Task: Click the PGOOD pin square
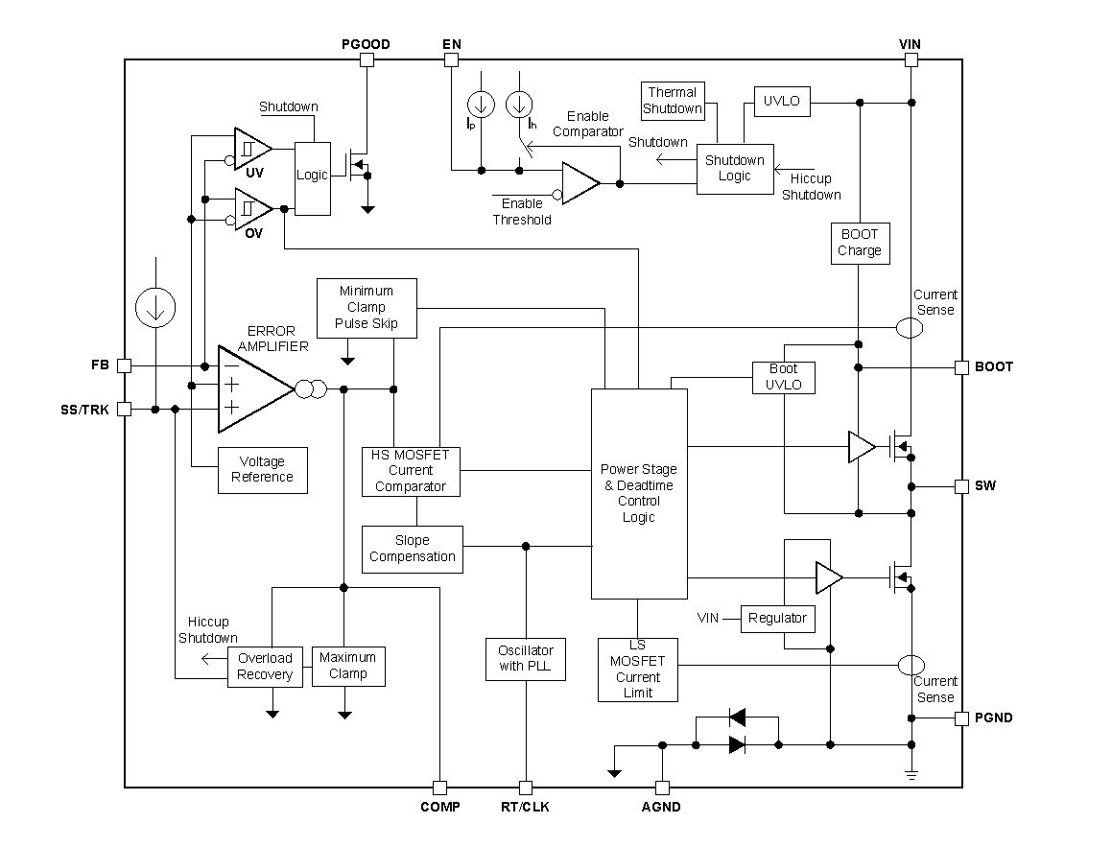(366, 59)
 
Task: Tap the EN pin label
(451, 44)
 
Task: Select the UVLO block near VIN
(782, 102)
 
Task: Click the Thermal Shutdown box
(672, 101)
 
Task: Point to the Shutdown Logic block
(734, 169)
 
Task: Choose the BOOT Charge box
(859, 243)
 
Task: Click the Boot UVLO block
(784, 377)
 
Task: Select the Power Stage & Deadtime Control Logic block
(638, 493)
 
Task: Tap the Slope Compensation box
(413, 549)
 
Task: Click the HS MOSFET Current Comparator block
(411, 471)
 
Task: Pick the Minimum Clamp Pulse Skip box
(367, 308)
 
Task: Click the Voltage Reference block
(262, 470)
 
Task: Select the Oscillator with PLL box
(525, 659)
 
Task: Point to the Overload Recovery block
(265, 667)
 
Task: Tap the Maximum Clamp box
(348, 666)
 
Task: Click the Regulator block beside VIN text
(777, 618)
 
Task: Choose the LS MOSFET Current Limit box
(637, 669)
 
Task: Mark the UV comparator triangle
(251, 149)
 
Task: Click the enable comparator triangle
(579, 183)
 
